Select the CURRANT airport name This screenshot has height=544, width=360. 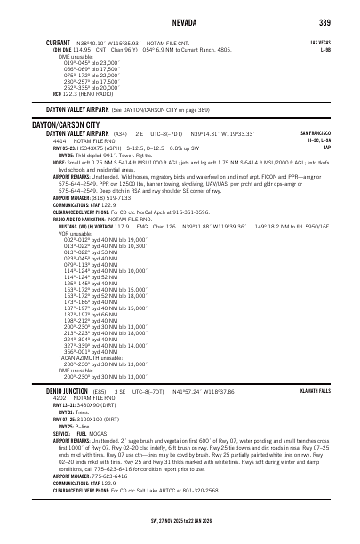pyautogui.click(x=59, y=42)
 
